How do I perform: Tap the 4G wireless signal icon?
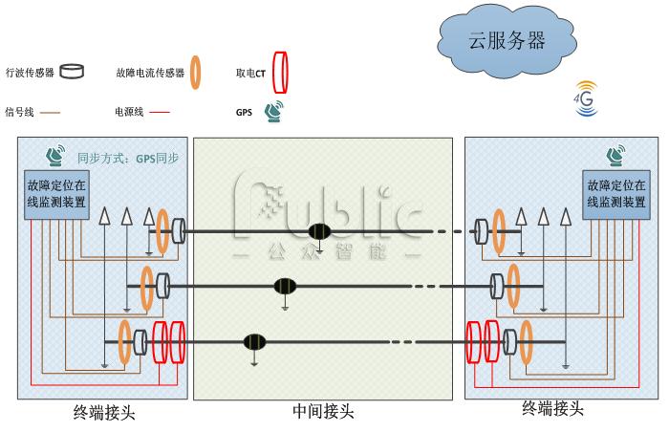(584, 100)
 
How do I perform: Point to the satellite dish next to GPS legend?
(274, 112)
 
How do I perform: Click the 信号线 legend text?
(19, 112)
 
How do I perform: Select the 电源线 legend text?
(128, 112)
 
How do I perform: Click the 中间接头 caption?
(323, 412)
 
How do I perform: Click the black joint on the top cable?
(320, 231)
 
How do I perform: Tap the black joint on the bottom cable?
(253, 342)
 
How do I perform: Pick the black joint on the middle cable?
(285, 286)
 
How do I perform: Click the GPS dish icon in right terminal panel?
(615, 155)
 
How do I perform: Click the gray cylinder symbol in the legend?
(72, 72)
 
